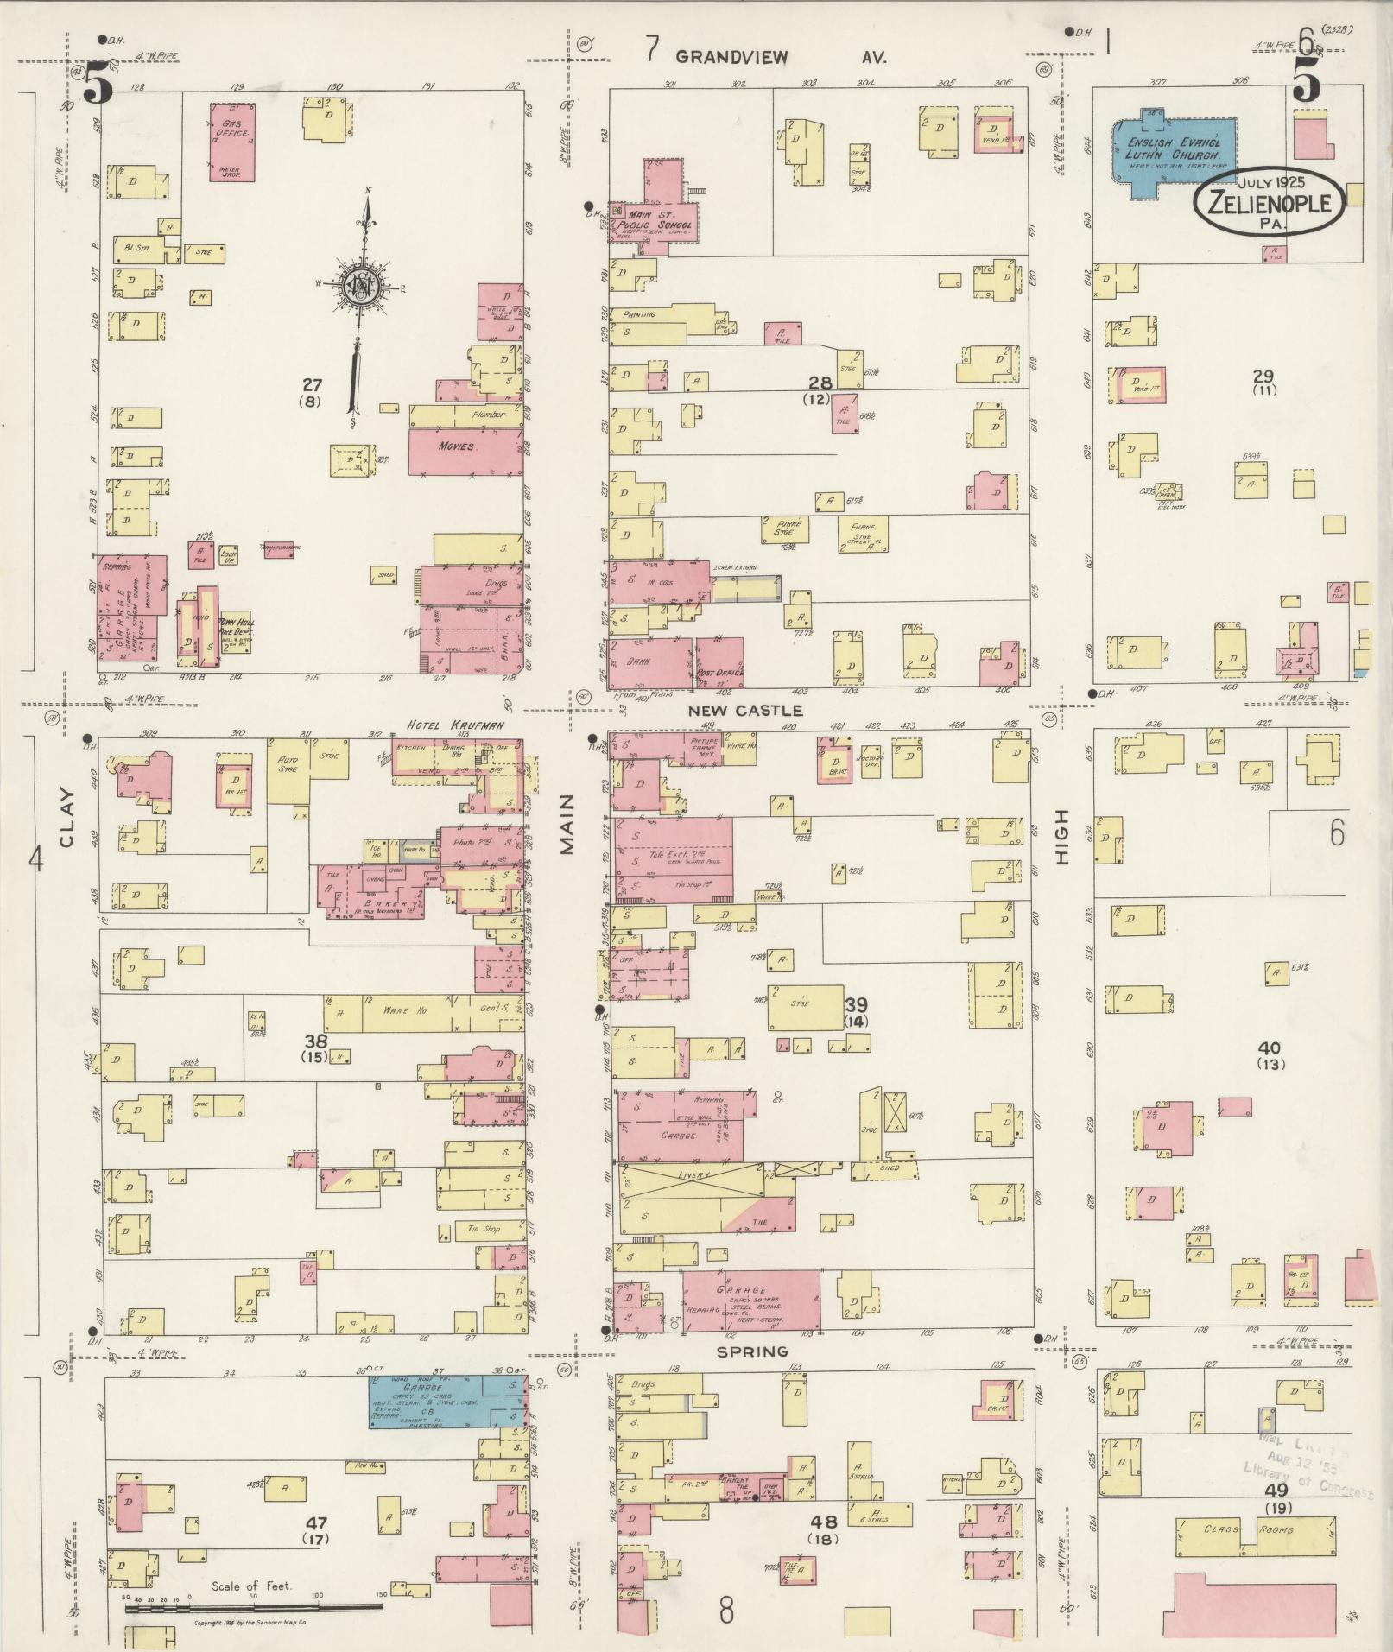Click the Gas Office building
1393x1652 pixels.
tap(231, 142)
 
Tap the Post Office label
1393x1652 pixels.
tap(719, 671)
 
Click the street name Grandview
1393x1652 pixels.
tap(731, 58)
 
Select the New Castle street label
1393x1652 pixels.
tap(745, 710)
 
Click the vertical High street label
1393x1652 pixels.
tap(1061, 837)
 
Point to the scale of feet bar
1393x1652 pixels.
tap(254, 1607)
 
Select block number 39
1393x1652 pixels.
tap(856, 1005)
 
